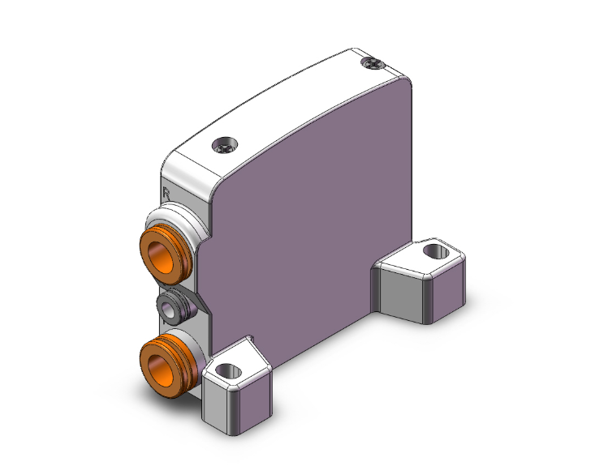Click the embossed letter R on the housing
point(166,194)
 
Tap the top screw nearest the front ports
point(223,147)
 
